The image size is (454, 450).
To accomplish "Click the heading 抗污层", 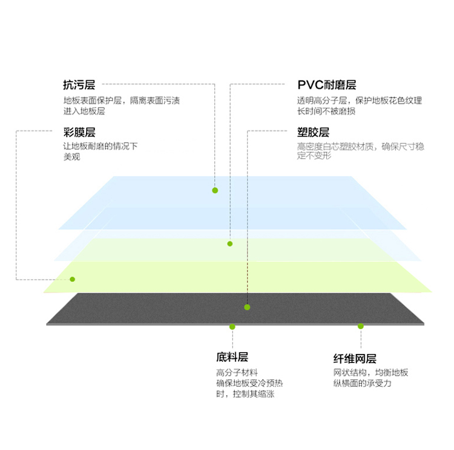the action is (79, 85).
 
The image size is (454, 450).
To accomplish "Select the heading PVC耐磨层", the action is (327, 85).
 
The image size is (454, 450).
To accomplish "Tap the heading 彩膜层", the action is (79, 132).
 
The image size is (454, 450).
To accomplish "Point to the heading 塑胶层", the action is (313, 132).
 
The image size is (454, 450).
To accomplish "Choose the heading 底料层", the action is (232, 358).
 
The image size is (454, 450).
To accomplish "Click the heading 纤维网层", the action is (355, 359).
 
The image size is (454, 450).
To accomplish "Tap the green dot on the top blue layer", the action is (215, 190).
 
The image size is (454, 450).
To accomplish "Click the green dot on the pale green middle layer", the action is (230, 244).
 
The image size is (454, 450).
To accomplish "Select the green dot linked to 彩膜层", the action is (73, 279).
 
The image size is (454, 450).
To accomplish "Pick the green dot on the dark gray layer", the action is (247, 307).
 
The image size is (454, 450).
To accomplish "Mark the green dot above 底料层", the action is (232, 327).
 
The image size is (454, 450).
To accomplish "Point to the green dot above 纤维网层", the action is (361, 326).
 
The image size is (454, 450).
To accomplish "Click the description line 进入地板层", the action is (84, 111).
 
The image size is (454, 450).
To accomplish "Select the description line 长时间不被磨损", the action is (326, 111).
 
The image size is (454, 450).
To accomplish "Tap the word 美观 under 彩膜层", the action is (71, 157).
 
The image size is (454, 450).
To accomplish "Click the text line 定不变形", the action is (314, 156).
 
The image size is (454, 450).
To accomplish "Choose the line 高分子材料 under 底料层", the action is (237, 373).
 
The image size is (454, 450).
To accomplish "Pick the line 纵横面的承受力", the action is (362, 384).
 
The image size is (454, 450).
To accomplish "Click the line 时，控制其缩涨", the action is (245, 394).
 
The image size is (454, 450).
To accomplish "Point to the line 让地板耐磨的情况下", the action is (100, 146).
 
